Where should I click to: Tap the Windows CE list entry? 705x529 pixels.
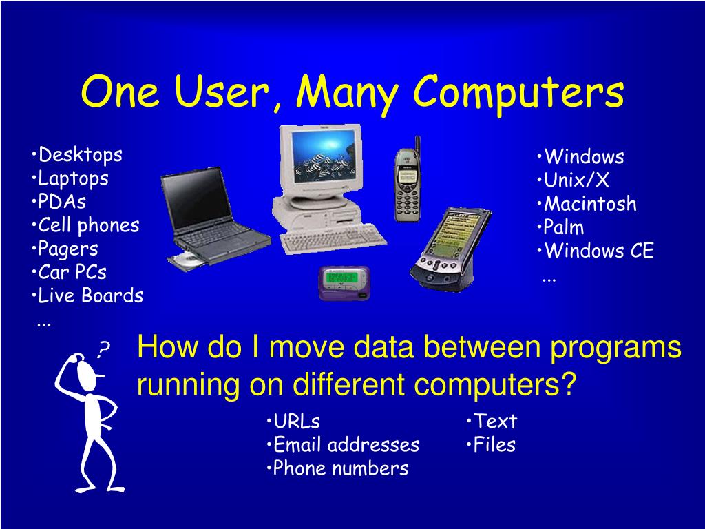point(597,251)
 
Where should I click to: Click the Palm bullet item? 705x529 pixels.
point(562,227)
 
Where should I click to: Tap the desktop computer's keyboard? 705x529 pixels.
point(334,237)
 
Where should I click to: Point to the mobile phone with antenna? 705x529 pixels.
point(407,183)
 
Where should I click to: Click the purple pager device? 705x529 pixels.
point(344,282)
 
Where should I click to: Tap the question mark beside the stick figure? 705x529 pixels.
point(103,351)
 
